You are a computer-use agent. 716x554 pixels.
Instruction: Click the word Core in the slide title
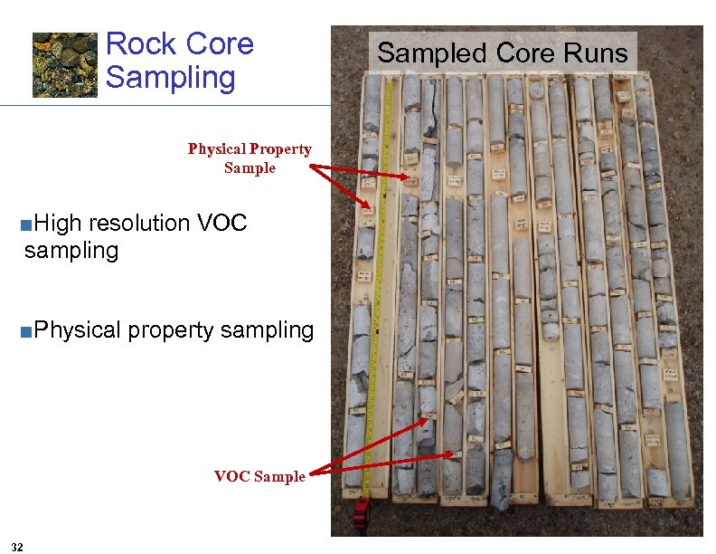click(x=218, y=44)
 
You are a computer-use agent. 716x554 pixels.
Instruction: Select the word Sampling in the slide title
click(x=170, y=77)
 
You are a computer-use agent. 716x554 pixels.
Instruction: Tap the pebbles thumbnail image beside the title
click(x=65, y=64)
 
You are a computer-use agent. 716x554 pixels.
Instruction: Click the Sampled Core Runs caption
click(x=502, y=53)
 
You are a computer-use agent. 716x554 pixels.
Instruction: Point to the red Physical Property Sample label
click(x=250, y=158)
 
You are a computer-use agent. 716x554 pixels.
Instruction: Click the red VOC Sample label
click(x=259, y=476)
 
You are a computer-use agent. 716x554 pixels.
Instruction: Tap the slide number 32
click(x=18, y=545)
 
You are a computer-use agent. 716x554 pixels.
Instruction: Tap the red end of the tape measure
click(x=361, y=515)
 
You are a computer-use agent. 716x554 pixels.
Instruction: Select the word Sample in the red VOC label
click(x=281, y=476)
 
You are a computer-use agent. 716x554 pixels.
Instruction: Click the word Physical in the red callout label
click(x=216, y=149)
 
